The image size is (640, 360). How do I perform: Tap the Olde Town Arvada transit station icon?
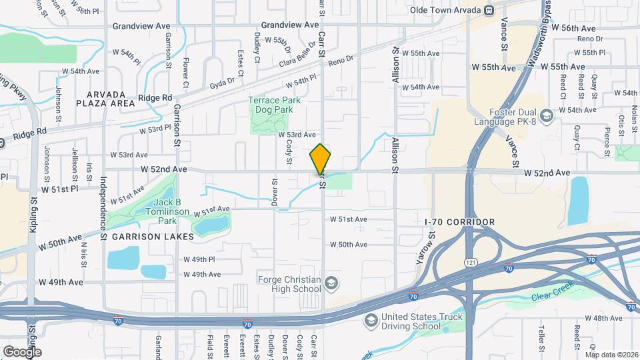click(x=489, y=10)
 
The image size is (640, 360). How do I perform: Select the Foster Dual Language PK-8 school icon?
click(x=547, y=117)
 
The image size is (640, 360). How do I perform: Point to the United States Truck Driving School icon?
click(x=371, y=322)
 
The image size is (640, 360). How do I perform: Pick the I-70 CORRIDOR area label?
click(x=460, y=222)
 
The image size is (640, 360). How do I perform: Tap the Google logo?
click(x=22, y=351)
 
